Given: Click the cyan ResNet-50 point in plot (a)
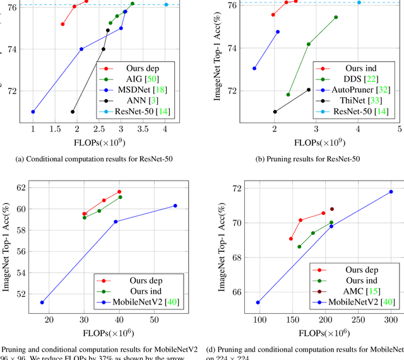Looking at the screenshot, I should pyautogui.click(x=166, y=4).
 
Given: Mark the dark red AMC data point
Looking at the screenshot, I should pyautogui.click(x=332, y=209).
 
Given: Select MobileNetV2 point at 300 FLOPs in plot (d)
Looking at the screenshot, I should pyautogui.click(x=391, y=192).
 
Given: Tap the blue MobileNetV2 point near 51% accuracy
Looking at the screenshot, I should pyautogui.click(x=42, y=303).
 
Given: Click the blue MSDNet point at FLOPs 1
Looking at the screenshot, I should pyautogui.click(x=33, y=112).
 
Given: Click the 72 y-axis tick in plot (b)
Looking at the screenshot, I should pyautogui.click(x=236, y=90).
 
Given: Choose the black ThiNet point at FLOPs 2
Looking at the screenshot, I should pyautogui.click(x=275, y=112).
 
